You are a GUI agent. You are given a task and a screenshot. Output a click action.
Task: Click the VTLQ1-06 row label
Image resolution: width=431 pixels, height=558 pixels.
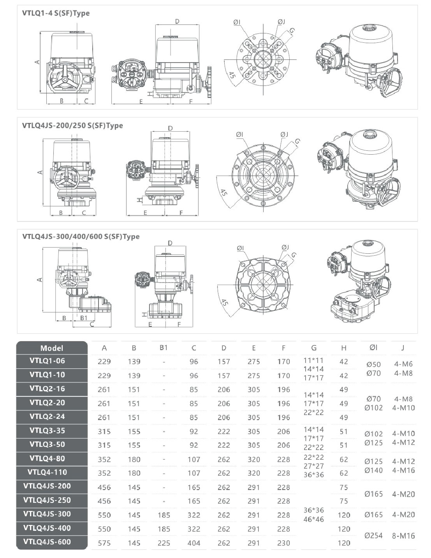(47, 361)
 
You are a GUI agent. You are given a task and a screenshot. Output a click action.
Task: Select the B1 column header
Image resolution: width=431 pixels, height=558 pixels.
(164, 347)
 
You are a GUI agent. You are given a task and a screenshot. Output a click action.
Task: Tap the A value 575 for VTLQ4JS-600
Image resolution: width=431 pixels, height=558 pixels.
(104, 543)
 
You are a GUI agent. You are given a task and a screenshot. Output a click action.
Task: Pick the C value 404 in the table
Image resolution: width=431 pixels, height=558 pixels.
(194, 543)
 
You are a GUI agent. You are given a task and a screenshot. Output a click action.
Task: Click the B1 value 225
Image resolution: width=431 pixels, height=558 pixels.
(164, 543)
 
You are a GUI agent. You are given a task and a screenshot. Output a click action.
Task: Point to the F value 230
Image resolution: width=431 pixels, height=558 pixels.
(284, 543)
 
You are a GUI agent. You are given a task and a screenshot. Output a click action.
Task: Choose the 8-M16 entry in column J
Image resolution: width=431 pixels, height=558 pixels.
(403, 536)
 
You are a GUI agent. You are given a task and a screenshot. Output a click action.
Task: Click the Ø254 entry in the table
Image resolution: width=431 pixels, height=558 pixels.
(373, 536)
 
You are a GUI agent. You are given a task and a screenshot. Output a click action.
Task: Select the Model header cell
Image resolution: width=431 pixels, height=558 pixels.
(52, 348)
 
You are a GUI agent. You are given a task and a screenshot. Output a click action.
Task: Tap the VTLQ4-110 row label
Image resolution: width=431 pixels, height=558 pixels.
(47, 472)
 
